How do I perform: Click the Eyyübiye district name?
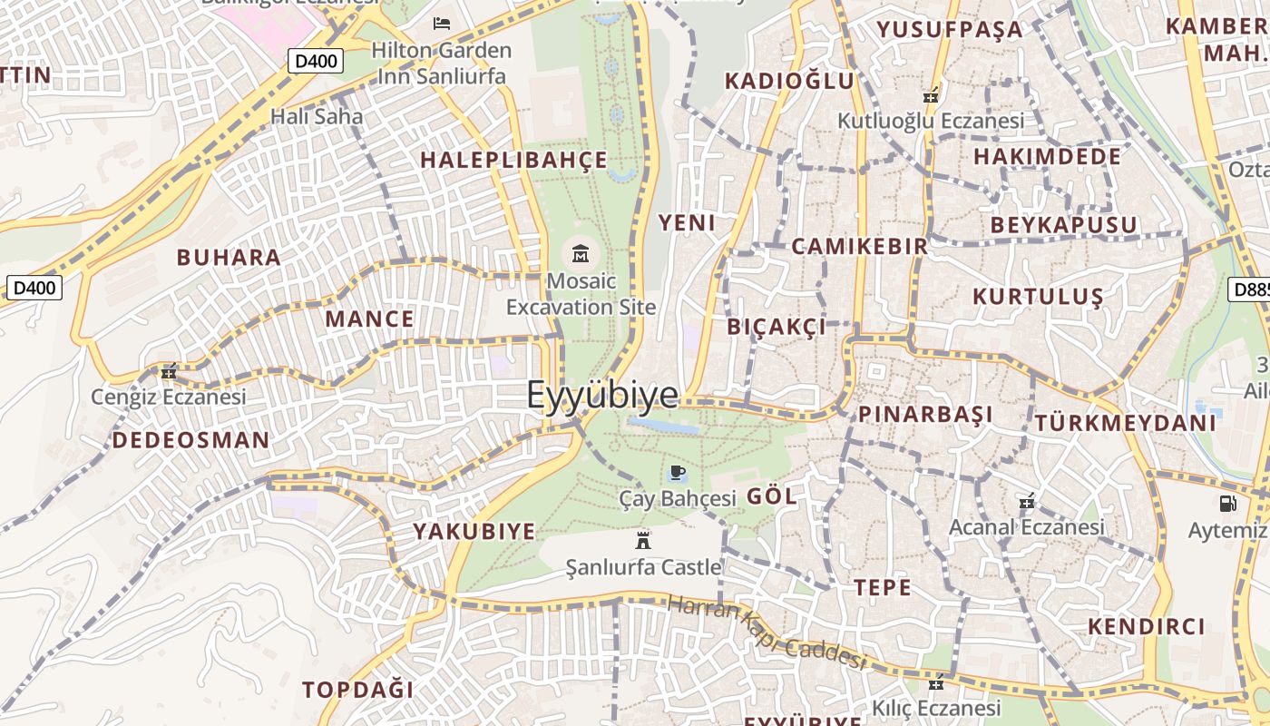(x=602, y=395)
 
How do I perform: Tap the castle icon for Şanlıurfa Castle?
(x=643, y=540)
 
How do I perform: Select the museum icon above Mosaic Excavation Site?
(x=581, y=253)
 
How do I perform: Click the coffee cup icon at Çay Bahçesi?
(x=677, y=472)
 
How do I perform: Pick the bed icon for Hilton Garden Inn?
(x=442, y=23)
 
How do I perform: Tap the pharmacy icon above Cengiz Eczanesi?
(x=168, y=370)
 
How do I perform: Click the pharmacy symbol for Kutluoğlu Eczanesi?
(x=930, y=94)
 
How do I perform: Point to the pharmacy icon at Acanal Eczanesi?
(x=1026, y=501)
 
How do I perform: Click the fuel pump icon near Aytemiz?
(x=1227, y=502)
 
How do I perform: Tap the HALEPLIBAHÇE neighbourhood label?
(x=513, y=161)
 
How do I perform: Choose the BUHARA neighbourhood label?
(x=229, y=257)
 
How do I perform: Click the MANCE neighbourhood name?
(x=369, y=319)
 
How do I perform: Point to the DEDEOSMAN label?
(x=190, y=440)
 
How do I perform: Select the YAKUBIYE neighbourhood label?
(x=474, y=531)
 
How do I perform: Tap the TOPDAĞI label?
(x=357, y=689)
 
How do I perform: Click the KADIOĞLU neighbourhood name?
(x=789, y=81)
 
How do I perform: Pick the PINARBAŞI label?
(x=925, y=415)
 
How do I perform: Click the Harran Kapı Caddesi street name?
(x=767, y=633)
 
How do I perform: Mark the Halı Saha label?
(x=317, y=116)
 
